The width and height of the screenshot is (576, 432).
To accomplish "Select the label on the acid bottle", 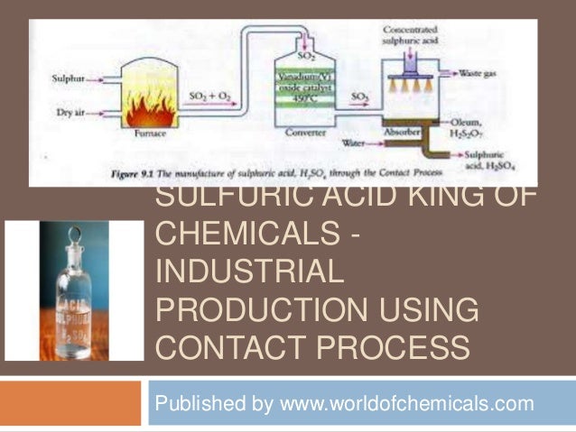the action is click(74, 312).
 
